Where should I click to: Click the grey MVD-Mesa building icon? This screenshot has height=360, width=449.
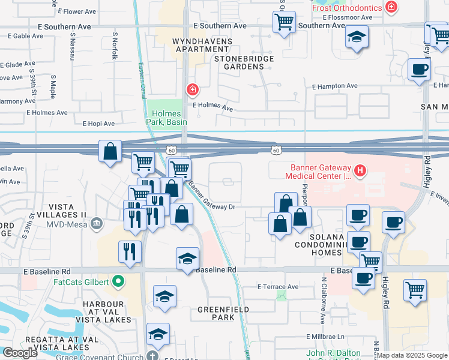(x=97, y=225)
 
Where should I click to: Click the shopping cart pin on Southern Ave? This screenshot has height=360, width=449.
(x=284, y=22)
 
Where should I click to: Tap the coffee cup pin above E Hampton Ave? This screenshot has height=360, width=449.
(x=419, y=68)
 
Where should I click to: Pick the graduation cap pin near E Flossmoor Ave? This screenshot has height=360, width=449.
(x=357, y=37)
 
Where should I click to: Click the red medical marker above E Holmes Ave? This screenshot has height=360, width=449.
(x=192, y=90)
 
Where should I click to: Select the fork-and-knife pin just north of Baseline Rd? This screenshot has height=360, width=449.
(x=130, y=251)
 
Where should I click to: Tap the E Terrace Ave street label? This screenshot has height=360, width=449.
(x=277, y=287)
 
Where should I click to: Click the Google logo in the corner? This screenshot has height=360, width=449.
(x=20, y=353)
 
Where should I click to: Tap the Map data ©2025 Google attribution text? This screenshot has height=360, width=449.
(x=412, y=355)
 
